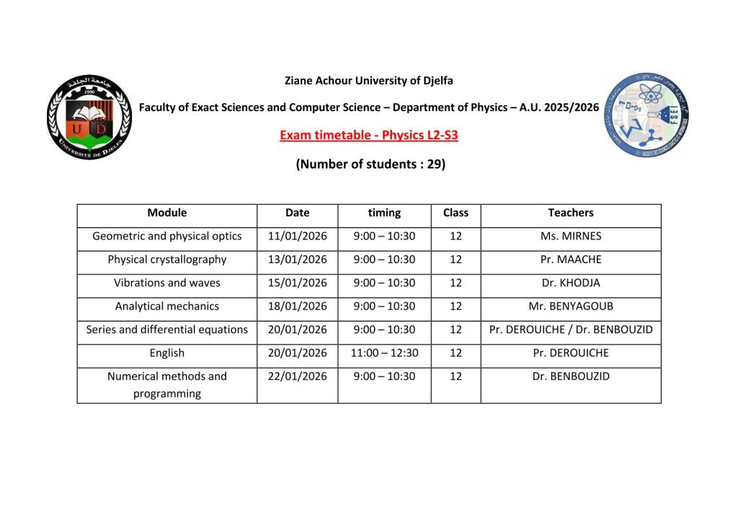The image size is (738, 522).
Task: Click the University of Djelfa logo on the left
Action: [x=89, y=118]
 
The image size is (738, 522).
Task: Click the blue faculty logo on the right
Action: [x=646, y=115]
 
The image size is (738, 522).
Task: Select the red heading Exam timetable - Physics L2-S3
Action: [x=368, y=135]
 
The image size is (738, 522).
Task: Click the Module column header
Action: [x=166, y=213]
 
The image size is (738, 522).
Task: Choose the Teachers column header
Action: [x=570, y=213]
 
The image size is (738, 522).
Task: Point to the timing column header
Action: [x=384, y=213]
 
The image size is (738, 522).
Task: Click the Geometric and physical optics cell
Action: [x=166, y=236]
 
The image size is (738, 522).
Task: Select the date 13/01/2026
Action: [x=297, y=260]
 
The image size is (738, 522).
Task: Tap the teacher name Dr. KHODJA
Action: [x=570, y=283]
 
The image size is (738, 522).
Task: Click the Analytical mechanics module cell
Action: [x=166, y=306]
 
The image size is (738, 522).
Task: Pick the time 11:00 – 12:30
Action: [x=384, y=353]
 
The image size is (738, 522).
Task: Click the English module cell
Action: [x=166, y=353]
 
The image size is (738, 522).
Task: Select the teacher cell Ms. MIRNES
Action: [x=570, y=236]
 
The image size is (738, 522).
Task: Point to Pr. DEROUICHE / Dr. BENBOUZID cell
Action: [x=570, y=329]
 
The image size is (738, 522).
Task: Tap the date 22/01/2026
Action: [x=297, y=376]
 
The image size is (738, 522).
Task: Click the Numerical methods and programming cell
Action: [x=166, y=385]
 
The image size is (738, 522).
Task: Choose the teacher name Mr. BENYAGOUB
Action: [x=570, y=306]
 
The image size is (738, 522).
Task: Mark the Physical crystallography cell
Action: [x=166, y=260]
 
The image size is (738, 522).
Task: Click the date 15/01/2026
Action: [x=297, y=283]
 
